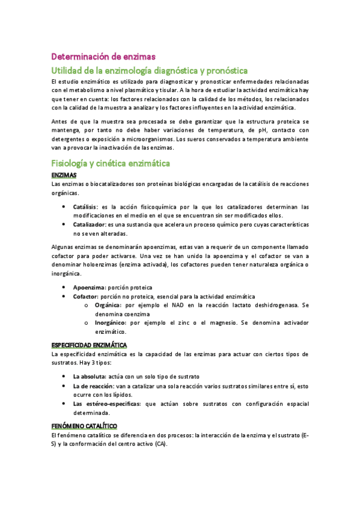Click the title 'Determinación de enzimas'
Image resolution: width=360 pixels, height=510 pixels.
103,57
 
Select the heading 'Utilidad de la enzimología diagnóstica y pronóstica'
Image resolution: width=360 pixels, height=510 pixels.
150,70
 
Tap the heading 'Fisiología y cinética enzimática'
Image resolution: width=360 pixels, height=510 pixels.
111,163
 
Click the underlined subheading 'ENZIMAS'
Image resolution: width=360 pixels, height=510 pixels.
65,174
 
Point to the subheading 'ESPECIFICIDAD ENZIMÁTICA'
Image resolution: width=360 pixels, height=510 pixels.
89,345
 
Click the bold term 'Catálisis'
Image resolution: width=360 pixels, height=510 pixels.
87,206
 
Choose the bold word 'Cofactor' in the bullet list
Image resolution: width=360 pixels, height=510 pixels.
87,296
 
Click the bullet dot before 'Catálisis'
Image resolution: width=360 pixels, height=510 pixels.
65,206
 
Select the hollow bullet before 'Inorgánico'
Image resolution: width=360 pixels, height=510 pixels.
88,323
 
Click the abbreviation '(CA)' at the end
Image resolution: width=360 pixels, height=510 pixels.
160,444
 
